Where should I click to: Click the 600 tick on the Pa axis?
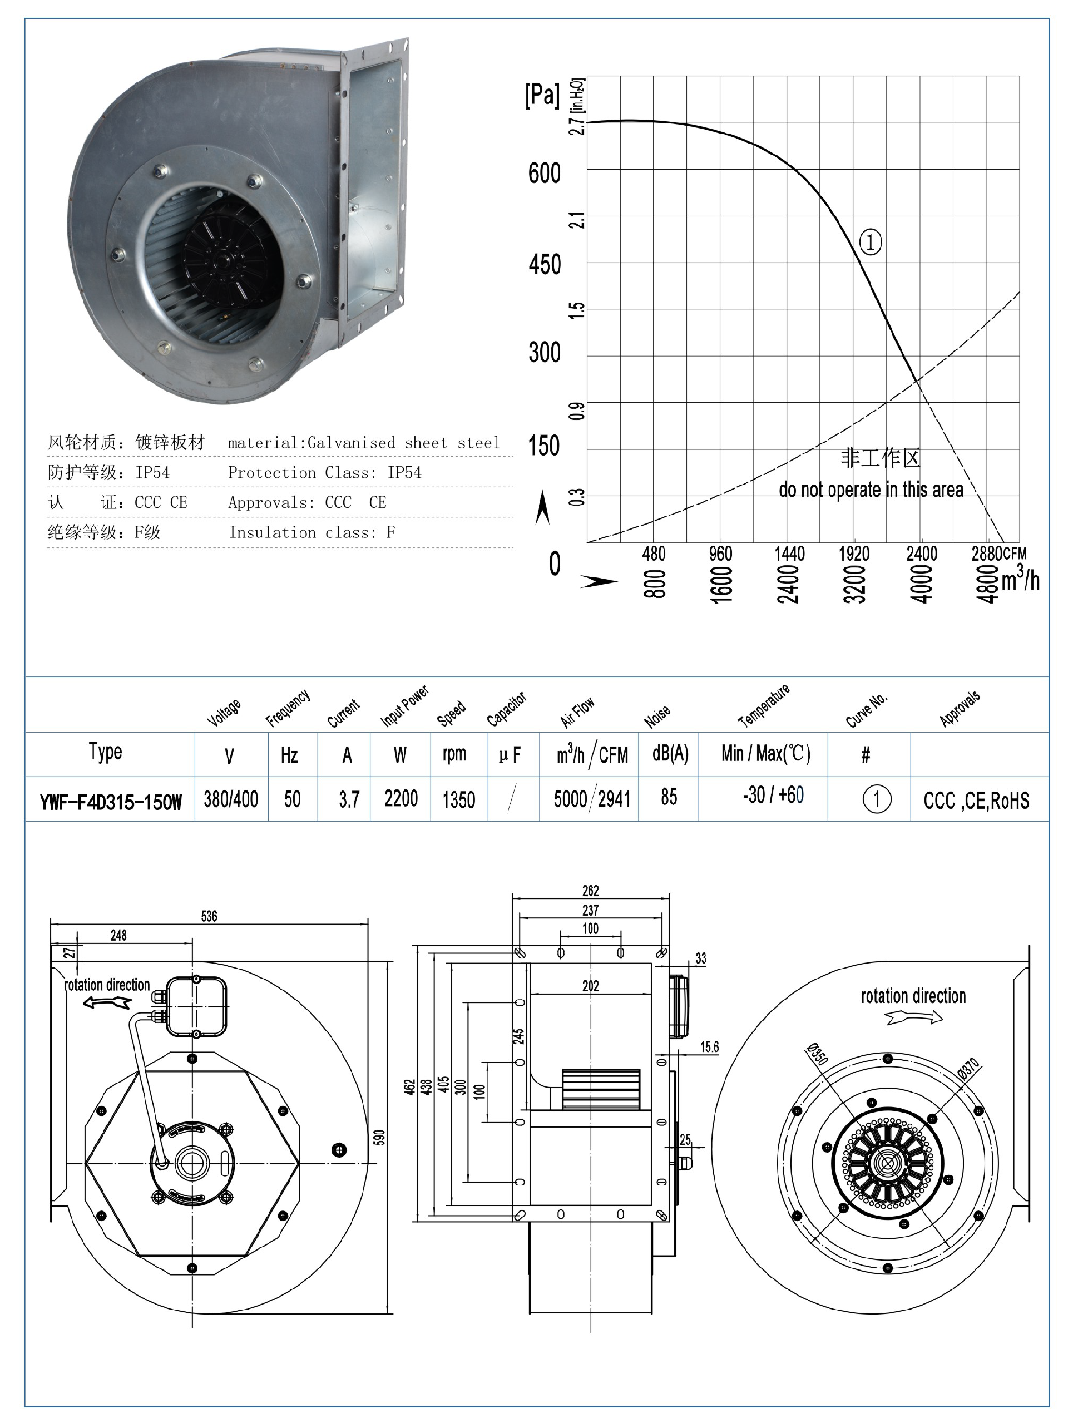point(545,173)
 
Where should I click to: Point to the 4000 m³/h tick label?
point(921,584)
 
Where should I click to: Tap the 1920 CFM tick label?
point(854,554)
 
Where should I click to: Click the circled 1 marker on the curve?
point(871,243)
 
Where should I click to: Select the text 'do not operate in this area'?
point(871,490)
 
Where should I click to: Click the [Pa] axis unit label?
point(542,95)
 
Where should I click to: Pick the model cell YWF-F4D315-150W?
point(111,802)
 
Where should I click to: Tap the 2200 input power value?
point(401,799)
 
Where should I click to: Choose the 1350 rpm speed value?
point(458,799)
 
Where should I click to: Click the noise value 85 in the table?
point(669,797)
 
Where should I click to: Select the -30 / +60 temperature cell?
point(773,795)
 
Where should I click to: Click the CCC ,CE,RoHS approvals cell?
point(976,801)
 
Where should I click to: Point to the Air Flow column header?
point(577,713)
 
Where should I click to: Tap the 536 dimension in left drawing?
point(209,916)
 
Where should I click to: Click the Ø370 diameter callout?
point(968,1069)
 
